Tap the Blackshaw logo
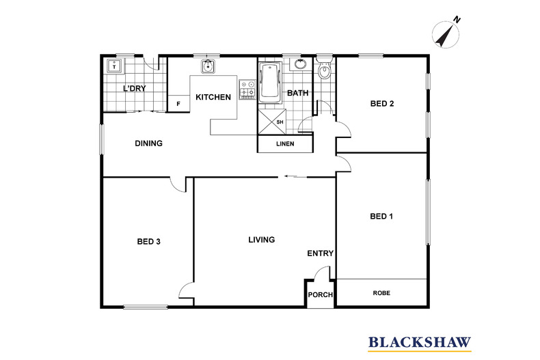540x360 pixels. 420,344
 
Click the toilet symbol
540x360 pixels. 324,69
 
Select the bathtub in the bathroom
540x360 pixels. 271,82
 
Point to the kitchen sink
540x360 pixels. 208,66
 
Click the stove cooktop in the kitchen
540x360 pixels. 247,89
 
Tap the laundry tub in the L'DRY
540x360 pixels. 114,66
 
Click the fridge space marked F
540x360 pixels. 178,104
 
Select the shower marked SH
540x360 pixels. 272,122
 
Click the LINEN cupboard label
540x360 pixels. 285,144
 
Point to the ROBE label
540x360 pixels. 381,293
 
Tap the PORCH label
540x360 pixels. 321,295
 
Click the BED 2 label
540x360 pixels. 382,104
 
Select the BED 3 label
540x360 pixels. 149,242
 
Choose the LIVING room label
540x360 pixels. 262,240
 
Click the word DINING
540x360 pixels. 149,143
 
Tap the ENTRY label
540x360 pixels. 321,253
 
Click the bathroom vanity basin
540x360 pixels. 301,64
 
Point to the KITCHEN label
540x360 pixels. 213,98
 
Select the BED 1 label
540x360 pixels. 381,217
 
